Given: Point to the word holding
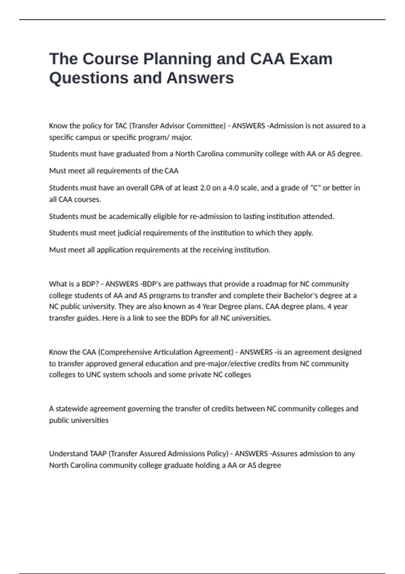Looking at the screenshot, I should tap(208, 465).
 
